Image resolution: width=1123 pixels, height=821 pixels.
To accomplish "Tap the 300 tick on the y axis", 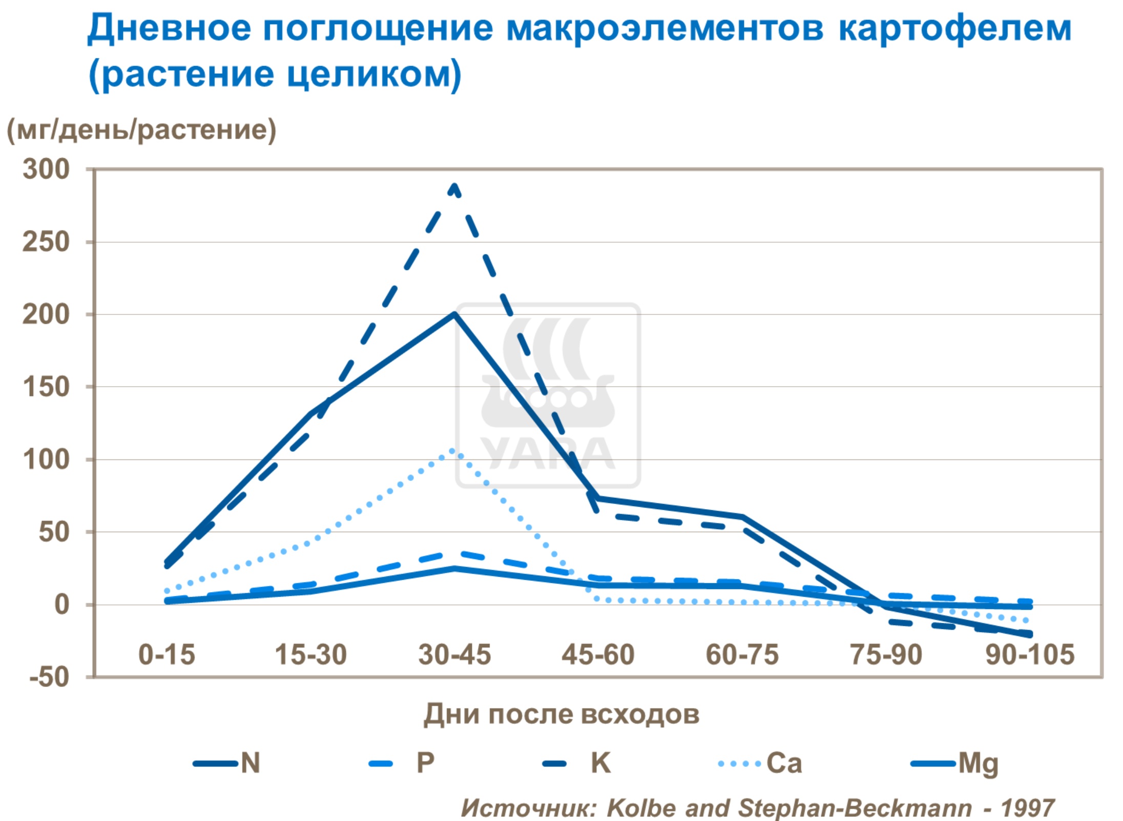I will (46, 169).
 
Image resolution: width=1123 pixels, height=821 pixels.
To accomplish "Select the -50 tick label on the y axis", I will (49, 677).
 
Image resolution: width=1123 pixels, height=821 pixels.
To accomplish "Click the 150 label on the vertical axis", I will (46, 387).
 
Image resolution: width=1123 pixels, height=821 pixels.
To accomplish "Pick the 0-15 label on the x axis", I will (167, 655).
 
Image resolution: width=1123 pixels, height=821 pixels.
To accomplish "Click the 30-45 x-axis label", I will (454, 655).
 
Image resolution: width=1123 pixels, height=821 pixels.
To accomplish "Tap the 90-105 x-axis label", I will (1030, 655).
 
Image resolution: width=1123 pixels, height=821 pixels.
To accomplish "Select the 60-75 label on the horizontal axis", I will (742, 655).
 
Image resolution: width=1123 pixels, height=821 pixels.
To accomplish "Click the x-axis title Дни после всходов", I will (561, 714).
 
